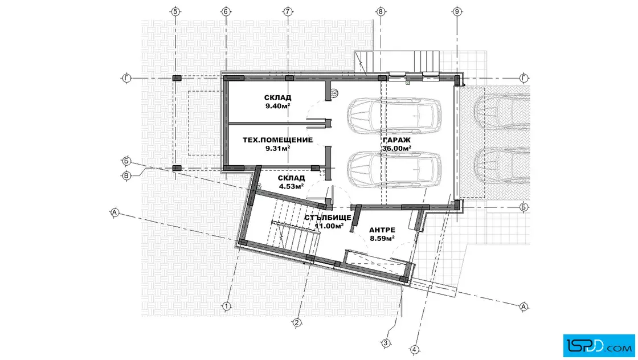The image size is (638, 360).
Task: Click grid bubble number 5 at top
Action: coord(175,11)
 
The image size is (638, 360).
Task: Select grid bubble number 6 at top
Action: coord(226,11)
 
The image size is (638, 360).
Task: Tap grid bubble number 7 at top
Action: coord(288,11)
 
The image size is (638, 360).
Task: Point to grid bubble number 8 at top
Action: coord(381,11)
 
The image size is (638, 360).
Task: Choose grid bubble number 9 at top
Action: coord(457,11)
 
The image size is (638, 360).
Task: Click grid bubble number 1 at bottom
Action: coord(226,306)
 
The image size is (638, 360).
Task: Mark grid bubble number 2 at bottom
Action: coord(297,322)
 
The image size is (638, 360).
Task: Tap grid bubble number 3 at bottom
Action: coord(385,343)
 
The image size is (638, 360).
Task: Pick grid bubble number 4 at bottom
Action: coord(414,349)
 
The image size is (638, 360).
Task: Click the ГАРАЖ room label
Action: coord(396,140)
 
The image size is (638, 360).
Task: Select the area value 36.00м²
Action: coord(396,149)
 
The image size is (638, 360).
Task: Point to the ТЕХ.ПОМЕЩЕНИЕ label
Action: coord(278,140)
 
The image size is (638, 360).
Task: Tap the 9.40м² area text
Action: coord(278,106)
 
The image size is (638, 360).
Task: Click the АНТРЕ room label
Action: coord(382,230)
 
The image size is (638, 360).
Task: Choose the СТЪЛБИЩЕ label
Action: coord(328,218)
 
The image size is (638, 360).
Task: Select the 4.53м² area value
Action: coord(291,187)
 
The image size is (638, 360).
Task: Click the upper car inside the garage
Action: coord(394,116)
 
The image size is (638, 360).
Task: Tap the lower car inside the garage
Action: coord(394,170)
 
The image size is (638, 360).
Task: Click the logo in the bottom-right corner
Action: coord(599,346)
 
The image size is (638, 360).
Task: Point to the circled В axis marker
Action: coord(126,176)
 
